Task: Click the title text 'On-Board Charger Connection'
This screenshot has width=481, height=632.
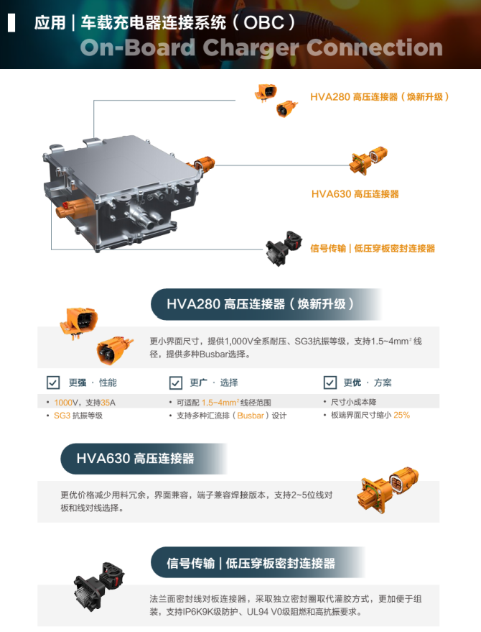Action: pyautogui.click(x=261, y=47)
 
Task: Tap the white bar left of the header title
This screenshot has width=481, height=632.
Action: pyautogui.click(x=11, y=22)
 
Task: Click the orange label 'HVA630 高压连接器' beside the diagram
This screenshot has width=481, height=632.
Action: pyautogui.click(x=355, y=194)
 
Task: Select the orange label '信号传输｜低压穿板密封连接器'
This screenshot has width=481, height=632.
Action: pyautogui.click(x=373, y=248)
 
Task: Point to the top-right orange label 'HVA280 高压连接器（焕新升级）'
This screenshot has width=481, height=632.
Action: pyautogui.click(x=380, y=97)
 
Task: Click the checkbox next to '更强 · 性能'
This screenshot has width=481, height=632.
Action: pyautogui.click(x=53, y=383)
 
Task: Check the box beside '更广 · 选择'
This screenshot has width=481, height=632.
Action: pyautogui.click(x=175, y=383)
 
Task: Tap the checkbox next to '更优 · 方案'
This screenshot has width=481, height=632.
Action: pyautogui.click(x=330, y=382)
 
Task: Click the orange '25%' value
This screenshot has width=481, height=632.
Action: pyautogui.click(x=402, y=415)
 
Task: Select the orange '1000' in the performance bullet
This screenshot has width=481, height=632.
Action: pyautogui.click(x=62, y=403)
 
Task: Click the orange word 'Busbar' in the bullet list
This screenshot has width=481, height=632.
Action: pyautogui.click(x=251, y=416)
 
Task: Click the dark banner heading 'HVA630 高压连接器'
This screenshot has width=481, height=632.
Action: pyautogui.click(x=135, y=458)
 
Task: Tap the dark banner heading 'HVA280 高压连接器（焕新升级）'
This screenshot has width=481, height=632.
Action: pyautogui.click(x=260, y=304)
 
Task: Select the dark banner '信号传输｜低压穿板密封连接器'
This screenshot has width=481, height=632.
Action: pyautogui.click(x=251, y=563)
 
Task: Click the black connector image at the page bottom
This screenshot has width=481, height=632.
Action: pyautogui.click(x=98, y=584)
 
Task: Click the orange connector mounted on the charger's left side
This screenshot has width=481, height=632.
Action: pyautogui.click(x=73, y=208)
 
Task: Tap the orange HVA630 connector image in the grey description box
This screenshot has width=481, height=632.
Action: pyautogui.click(x=387, y=490)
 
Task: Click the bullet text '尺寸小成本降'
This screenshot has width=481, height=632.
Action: pyautogui.click(x=354, y=402)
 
